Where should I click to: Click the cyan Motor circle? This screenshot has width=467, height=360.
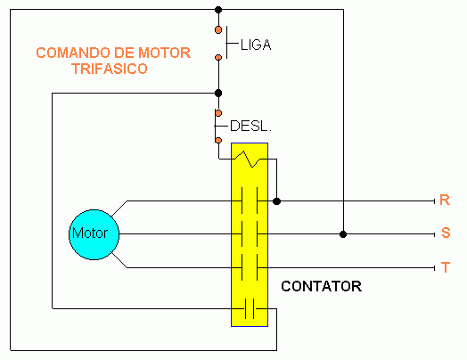click(94, 234)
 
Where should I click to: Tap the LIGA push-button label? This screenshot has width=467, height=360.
click(256, 45)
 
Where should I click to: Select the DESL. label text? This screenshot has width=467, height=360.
click(250, 126)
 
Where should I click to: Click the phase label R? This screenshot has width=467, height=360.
click(445, 200)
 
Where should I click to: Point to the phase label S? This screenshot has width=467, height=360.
click(446, 233)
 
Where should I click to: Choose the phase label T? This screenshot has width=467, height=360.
click(446, 267)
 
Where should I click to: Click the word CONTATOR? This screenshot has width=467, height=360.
click(322, 286)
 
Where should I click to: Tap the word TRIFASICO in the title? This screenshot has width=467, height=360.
click(110, 69)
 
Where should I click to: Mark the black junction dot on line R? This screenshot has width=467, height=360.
click(276, 201)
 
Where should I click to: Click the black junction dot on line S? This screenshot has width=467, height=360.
click(343, 234)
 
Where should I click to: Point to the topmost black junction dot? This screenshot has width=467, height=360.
click(218, 10)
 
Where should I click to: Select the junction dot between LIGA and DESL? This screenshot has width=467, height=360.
click(218, 94)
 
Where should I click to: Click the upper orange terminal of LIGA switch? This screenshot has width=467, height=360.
click(218, 29)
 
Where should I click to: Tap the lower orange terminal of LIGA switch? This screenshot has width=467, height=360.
click(218, 57)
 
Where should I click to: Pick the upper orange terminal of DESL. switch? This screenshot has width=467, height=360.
click(218, 113)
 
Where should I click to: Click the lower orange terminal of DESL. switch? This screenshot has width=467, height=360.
click(218, 140)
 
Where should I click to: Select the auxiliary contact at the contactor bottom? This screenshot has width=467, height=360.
click(250, 308)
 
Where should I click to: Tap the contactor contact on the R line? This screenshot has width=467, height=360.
click(250, 201)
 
